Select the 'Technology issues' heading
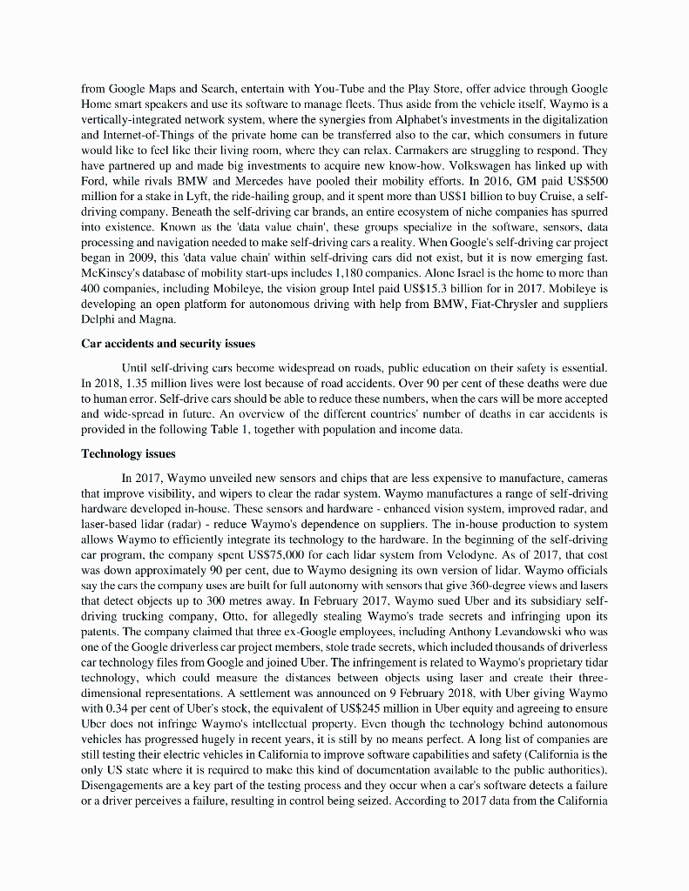[x=128, y=453]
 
